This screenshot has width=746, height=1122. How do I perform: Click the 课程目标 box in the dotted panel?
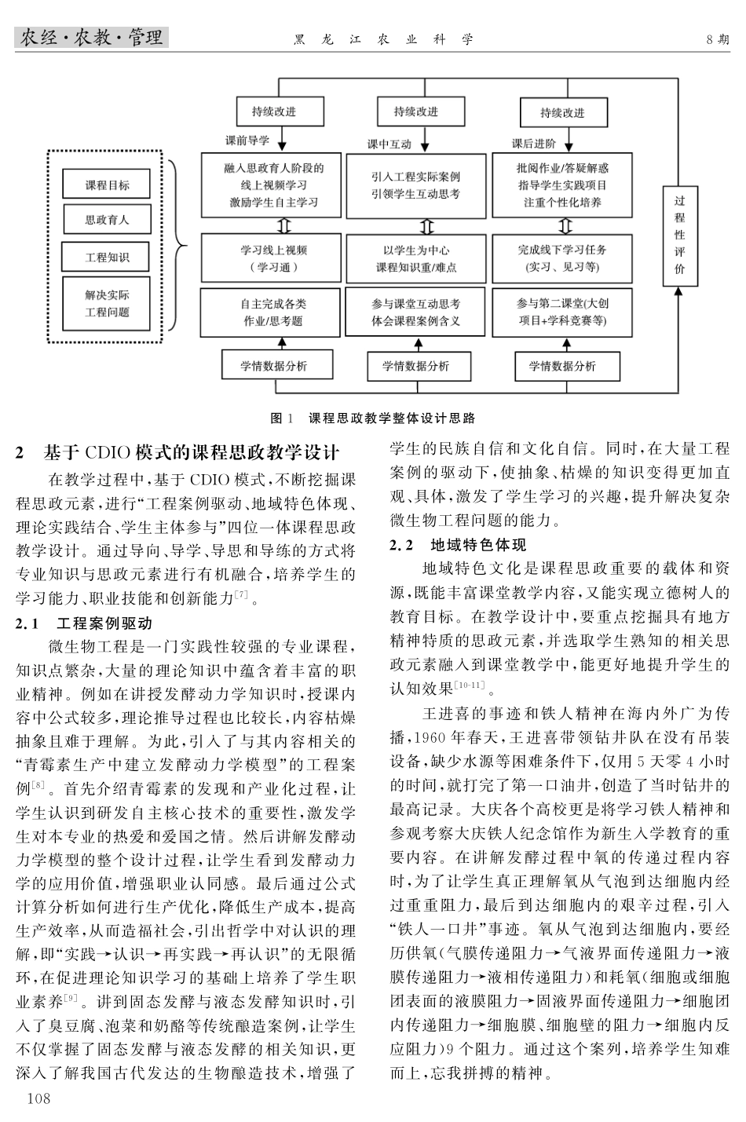pos(107,185)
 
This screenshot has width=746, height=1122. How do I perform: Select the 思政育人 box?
pos(107,221)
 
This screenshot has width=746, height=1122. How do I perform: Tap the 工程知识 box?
pos(107,256)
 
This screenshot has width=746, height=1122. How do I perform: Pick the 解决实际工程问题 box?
pos(107,304)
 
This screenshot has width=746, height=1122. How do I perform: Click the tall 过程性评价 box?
pos(679,235)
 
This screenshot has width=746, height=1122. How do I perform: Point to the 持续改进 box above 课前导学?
pos(274,111)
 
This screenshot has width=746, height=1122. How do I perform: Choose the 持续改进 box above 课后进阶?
pos(561,112)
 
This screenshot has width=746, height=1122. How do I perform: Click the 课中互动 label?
pos(389,144)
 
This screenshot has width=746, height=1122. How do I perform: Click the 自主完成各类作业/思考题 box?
pos(273,312)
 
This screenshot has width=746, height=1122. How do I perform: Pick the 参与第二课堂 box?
pos(561,312)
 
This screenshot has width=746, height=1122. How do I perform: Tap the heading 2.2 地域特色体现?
pos(459,545)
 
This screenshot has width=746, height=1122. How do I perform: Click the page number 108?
pos(38,1098)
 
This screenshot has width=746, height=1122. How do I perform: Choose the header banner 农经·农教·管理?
pos(91,38)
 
